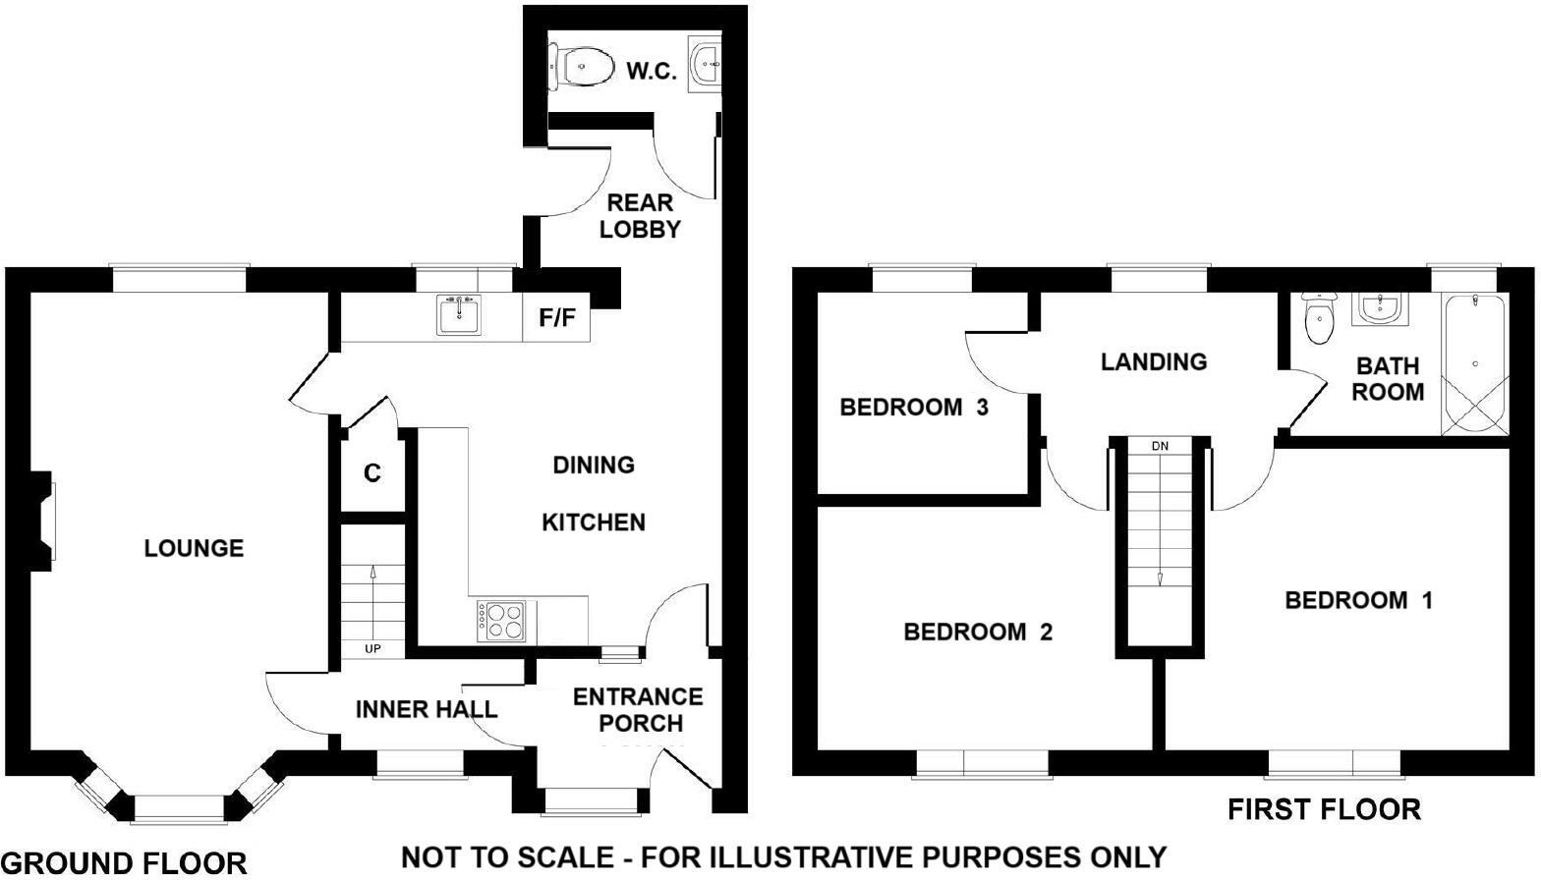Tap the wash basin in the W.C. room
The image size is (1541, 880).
705,65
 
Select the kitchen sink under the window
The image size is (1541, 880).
458,315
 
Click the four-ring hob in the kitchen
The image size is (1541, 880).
501,621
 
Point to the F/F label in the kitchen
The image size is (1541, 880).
556,317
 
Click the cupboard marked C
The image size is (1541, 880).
371,474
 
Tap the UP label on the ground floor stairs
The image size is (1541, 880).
372,649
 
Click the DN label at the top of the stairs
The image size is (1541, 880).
1160,446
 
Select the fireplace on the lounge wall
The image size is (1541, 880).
44,522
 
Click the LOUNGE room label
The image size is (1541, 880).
194,548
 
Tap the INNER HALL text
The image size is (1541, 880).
426,709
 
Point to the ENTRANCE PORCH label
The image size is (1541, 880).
639,710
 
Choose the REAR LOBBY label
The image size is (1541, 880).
640,216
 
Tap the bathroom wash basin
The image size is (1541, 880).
1381,309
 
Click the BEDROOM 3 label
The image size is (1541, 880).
913,407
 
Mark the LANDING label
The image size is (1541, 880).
1153,362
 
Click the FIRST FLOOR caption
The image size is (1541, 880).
1323,810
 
